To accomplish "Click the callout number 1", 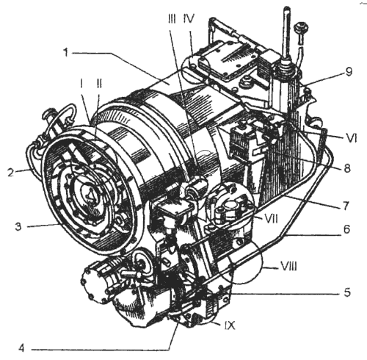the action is tap(65, 52).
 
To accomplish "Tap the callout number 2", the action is tap(11, 173).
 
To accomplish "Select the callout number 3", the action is tap(18, 226).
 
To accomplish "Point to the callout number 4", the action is tap(22, 348).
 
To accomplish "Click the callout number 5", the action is tap(347, 292).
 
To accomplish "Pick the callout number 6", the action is tap(347, 229).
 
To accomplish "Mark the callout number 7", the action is tap(346, 206).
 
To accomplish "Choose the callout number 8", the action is tap(347, 168).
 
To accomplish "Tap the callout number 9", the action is tap(349, 72).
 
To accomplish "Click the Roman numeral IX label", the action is tap(229, 325).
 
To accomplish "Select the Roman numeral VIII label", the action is tap(289, 266).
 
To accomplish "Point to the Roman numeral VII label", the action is tap(270, 219).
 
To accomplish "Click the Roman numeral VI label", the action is tap(351, 138).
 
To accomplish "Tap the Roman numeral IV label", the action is tap(189, 18).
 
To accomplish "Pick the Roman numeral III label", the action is tap(172, 18).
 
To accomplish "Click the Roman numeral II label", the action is tap(99, 84).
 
